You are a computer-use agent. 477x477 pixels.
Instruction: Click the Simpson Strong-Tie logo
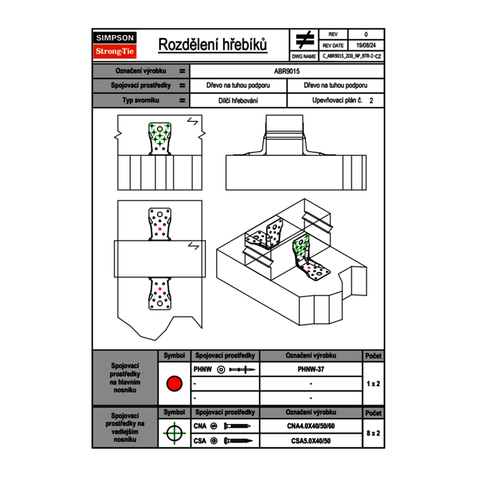point(115,45)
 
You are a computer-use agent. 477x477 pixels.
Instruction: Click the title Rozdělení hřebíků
point(212,45)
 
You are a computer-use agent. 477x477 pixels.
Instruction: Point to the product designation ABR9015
point(287,71)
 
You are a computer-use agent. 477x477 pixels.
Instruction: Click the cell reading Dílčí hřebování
point(238,100)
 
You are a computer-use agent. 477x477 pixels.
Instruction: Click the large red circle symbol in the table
point(174,384)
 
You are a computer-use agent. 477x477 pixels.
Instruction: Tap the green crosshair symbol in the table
point(174,433)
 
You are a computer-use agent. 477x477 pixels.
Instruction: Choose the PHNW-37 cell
point(311,370)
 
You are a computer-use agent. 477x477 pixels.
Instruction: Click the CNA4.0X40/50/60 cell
point(311,426)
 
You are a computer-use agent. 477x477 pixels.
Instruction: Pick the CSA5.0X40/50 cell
point(311,441)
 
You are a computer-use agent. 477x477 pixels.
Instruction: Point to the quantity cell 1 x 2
point(373,384)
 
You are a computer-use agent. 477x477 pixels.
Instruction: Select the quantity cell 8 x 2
point(373,434)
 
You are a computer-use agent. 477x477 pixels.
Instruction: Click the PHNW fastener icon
point(241,370)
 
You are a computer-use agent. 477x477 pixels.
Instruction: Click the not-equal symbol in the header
point(304,40)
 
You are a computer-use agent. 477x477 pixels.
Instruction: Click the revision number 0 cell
point(365,35)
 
